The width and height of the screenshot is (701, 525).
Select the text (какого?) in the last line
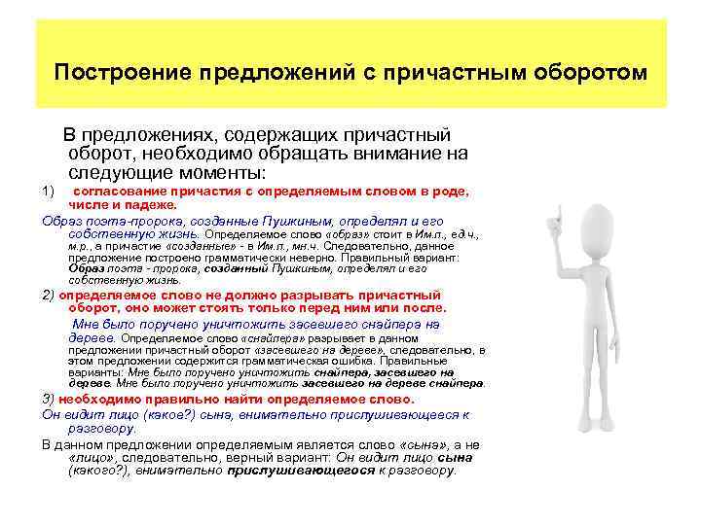click(x=98, y=470)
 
